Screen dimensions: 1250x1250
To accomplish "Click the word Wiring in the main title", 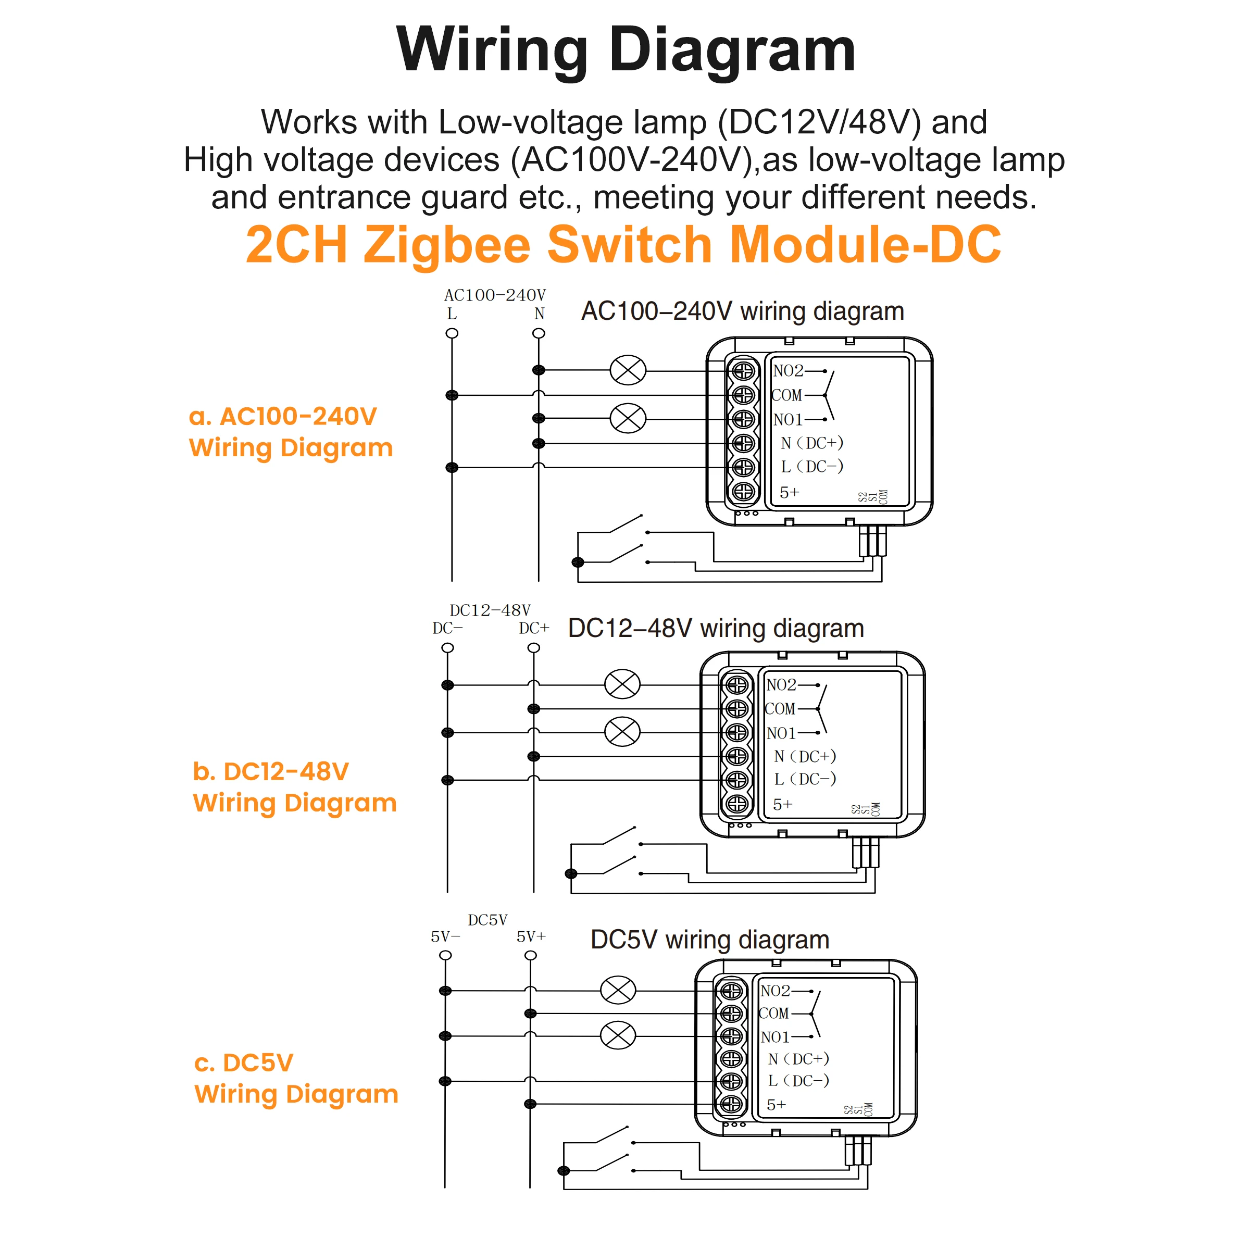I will (492, 51).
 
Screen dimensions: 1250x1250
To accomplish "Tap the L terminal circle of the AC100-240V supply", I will (452, 333).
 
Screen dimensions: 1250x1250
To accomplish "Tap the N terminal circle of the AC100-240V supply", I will (539, 333).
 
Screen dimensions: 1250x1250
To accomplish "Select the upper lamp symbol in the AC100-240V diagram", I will (628, 371).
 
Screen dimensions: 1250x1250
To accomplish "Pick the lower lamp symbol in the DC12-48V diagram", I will (622, 732).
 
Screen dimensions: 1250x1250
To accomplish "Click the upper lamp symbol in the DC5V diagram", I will (618, 990).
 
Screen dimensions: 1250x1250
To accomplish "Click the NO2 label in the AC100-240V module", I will (787, 371).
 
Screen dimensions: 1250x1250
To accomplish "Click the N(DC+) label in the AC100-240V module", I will (811, 443).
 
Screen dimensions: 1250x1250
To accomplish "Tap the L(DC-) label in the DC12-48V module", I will (804, 780).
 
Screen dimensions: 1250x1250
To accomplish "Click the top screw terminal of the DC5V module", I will (731, 991).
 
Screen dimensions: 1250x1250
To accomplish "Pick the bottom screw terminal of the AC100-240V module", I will (743, 492).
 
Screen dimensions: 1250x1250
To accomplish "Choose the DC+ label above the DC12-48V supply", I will (534, 628).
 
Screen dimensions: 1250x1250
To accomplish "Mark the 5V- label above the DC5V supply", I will (445, 937).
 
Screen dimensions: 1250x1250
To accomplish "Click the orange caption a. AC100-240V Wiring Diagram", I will (291, 432).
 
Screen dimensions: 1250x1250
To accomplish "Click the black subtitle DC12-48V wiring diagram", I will (716, 628).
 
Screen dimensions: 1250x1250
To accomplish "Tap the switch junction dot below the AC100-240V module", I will (578, 562).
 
